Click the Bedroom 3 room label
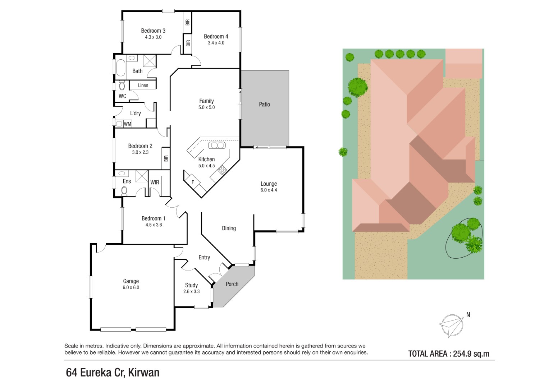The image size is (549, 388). click(x=153, y=31)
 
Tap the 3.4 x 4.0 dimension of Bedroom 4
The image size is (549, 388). click(x=216, y=43)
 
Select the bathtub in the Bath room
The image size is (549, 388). click(x=121, y=68)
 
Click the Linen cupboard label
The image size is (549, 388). click(x=143, y=85)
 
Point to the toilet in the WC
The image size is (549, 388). click(x=122, y=85)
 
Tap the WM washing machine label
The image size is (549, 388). click(x=127, y=124)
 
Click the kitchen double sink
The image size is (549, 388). click(x=217, y=145)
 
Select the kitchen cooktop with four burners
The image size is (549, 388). click(x=223, y=170)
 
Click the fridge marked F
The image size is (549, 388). click(x=192, y=182)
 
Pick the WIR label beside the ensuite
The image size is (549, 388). click(x=155, y=182)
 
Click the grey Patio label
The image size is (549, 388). click(x=265, y=104)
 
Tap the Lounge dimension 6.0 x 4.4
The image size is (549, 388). click(x=269, y=190)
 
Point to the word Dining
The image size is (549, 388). click(x=229, y=228)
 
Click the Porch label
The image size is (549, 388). click(x=232, y=284)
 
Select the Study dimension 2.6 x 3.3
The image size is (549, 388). click(x=191, y=291)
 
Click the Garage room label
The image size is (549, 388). click(x=131, y=281)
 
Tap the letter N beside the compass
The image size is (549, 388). click(x=468, y=315)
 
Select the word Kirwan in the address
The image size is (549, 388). click(x=144, y=373)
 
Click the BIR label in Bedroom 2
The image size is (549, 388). click(x=166, y=158)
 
